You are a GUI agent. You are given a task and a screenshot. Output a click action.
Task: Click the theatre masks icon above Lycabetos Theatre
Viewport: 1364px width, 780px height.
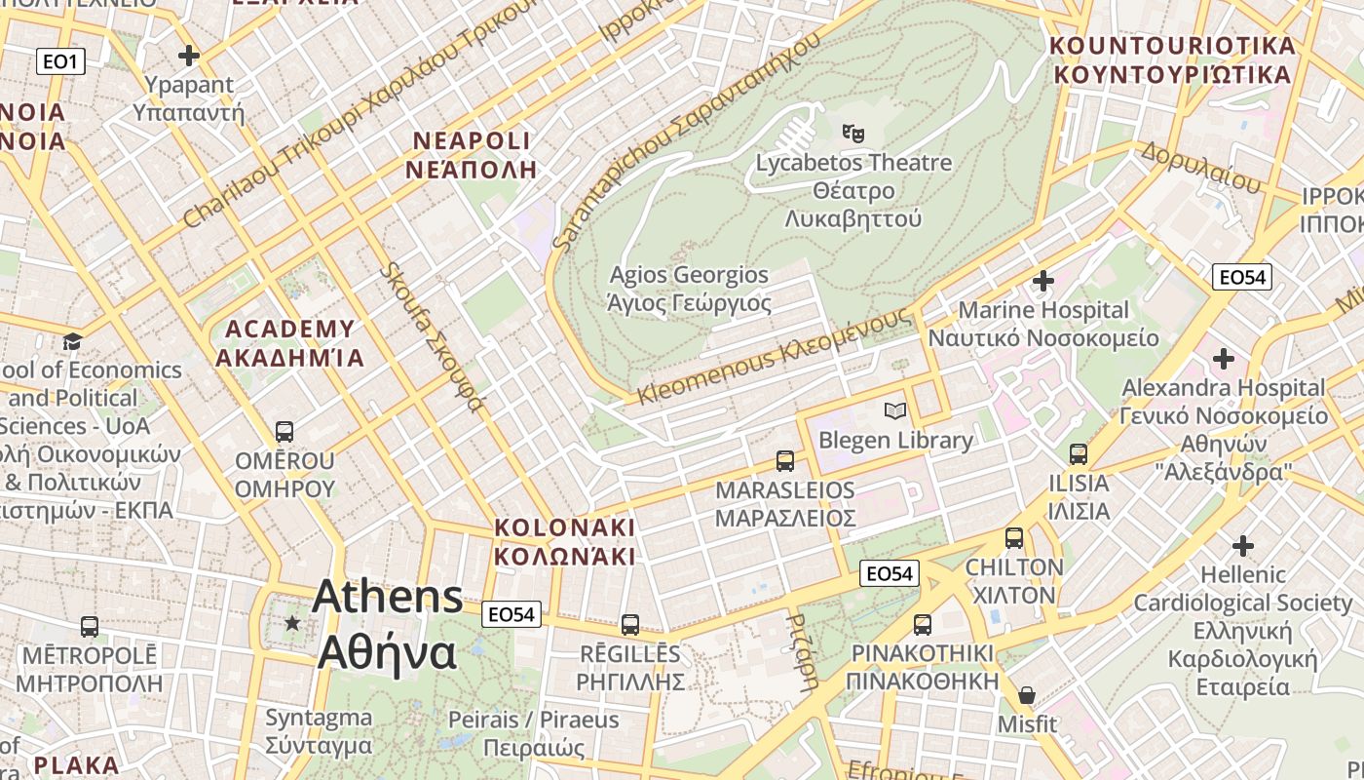853,133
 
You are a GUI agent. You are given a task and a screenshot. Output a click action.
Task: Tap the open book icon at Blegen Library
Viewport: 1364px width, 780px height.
894,411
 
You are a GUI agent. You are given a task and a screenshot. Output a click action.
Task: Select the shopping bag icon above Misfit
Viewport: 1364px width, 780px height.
1027,695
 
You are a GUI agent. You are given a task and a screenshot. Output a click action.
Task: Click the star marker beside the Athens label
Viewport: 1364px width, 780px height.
292,622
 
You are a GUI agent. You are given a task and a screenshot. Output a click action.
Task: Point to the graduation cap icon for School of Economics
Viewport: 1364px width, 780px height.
72,341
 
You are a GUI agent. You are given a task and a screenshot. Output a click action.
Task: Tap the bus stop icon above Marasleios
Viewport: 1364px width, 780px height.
784,461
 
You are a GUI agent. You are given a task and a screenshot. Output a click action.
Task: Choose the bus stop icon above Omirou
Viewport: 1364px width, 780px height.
284,431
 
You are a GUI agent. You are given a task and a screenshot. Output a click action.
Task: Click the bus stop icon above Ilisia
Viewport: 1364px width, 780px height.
1078,454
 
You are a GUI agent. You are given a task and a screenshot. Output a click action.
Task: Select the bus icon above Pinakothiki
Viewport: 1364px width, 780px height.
922,624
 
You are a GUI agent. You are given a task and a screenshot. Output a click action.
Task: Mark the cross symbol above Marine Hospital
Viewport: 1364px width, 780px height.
1042,282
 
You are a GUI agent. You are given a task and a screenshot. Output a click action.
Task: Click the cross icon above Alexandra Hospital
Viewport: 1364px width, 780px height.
1223,358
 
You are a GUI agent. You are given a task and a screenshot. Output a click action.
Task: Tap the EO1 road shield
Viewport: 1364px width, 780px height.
61,62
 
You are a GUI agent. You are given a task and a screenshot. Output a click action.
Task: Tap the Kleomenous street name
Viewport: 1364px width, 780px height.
776,357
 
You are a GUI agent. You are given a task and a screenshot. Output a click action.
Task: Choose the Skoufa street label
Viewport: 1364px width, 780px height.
432,336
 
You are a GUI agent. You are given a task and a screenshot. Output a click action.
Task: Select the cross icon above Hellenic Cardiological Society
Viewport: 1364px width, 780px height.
1242,545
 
